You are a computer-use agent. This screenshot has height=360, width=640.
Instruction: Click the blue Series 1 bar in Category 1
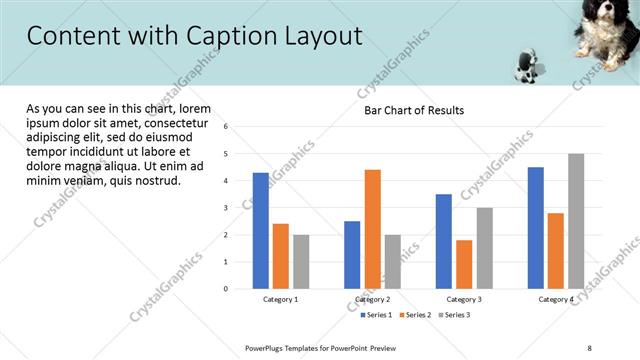(x=260, y=231)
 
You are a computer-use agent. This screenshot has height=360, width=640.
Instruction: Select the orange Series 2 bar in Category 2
(x=372, y=229)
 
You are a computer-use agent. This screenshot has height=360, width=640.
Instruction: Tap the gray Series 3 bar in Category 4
(x=576, y=221)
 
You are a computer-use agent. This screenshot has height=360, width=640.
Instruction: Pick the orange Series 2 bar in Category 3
(x=464, y=264)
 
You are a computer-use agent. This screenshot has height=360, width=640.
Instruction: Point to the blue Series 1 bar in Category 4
(x=536, y=228)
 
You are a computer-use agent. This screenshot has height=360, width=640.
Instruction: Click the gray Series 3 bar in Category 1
(x=301, y=262)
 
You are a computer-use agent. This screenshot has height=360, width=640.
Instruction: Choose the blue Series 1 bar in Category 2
(x=352, y=255)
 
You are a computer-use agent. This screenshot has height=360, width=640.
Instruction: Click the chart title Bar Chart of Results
(x=413, y=110)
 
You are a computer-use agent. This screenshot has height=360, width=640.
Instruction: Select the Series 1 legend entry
(x=376, y=315)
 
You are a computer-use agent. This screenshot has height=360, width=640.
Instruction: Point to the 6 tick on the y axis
(x=226, y=127)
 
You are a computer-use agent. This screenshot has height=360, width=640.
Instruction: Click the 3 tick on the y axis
(x=226, y=208)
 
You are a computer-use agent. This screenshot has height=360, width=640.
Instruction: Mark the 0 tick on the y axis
(x=226, y=289)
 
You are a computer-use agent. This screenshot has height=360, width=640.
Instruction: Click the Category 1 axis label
(x=280, y=299)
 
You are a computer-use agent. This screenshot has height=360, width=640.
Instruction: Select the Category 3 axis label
(x=463, y=299)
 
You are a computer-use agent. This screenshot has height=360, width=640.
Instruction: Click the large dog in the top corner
(x=604, y=30)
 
